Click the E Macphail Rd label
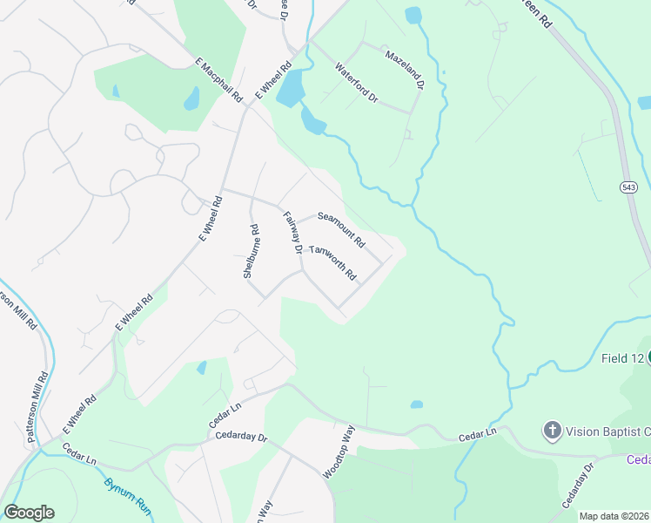coord(218,80)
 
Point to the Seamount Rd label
coord(341,228)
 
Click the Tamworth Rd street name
coord(333,262)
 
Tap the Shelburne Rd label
coord(251,251)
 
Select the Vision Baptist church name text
coord(607,431)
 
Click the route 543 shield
coord(628,187)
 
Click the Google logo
coord(29,513)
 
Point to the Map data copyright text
coord(614,516)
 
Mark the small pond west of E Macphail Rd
coord(191,98)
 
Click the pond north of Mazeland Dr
coord(413,16)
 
